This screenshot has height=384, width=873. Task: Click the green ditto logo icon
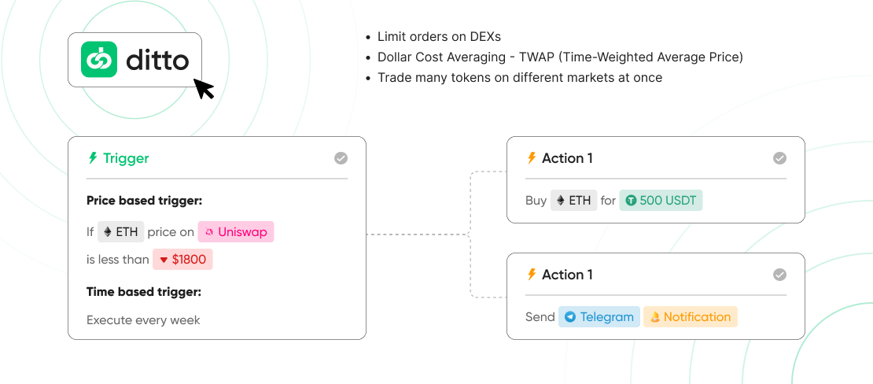coord(99,59)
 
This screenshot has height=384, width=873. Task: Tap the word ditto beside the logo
coord(157,60)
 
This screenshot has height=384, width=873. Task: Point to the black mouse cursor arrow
coord(203,87)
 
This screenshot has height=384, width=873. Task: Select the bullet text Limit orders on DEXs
coord(439,37)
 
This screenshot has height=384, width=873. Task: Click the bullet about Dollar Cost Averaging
coord(560,57)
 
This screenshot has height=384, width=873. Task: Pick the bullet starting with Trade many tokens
coord(519,78)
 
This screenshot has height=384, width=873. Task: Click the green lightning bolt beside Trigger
coord(93,158)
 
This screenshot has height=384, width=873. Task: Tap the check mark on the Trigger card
coord(341,158)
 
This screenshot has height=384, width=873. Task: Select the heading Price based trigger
coord(144,201)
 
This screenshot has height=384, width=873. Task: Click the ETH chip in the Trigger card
coord(121,232)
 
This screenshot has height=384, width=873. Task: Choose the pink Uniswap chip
coord(236,232)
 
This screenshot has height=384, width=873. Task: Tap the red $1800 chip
coord(182,259)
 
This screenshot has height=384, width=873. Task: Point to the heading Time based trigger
coord(144,292)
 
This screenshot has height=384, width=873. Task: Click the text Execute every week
coord(143,320)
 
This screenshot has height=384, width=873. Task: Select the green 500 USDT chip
coord(661,201)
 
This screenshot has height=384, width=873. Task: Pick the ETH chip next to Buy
coord(573,201)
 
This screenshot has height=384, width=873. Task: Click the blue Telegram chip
coord(599,317)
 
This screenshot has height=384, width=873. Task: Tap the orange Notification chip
coord(691,317)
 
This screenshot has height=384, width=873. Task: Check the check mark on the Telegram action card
coord(779,275)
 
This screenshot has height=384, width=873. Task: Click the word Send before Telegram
coord(540,317)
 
